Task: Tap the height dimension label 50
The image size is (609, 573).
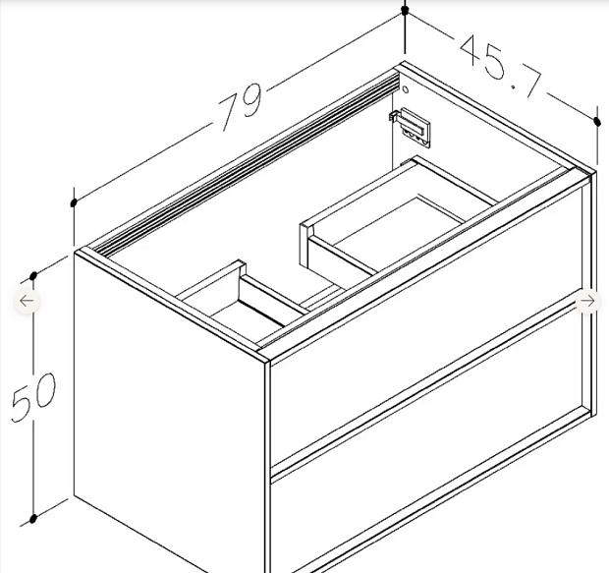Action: click(x=34, y=397)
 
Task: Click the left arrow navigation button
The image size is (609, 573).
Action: click(x=28, y=301)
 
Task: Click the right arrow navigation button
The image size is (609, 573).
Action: click(x=587, y=301)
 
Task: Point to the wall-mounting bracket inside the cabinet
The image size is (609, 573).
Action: click(x=411, y=127)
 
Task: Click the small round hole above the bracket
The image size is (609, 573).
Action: click(x=406, y=89)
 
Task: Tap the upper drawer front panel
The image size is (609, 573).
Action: click(x=427, y=326)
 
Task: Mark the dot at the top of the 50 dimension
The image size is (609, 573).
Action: click(x=33, y=276)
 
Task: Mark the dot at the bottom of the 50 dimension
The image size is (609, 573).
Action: click(x=33, y=518)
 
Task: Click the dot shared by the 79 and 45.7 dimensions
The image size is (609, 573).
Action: click(x=405, y=11)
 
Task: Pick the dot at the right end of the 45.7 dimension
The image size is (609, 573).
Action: click(x=597, y=122)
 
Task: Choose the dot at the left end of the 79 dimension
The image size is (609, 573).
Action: click(x=74, y=202)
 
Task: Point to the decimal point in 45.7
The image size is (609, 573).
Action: click(x=515, y=87)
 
